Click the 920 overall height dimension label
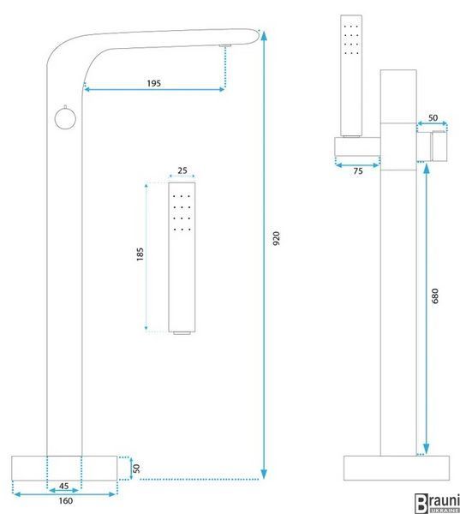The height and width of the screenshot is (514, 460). click(277, 238)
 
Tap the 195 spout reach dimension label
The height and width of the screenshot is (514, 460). click(154, 83)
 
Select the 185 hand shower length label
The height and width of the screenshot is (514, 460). click(140, 254)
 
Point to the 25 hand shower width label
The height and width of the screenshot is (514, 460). click(182, 170)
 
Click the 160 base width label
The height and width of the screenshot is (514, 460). click(66, 500)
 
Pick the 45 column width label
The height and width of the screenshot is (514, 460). click(64, 486)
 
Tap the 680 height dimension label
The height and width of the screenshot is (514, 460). click(435, 296)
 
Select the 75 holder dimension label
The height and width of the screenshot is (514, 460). click(358, 171)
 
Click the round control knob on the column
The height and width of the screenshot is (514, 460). click(65, 118)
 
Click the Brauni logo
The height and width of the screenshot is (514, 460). click(437, 503)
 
